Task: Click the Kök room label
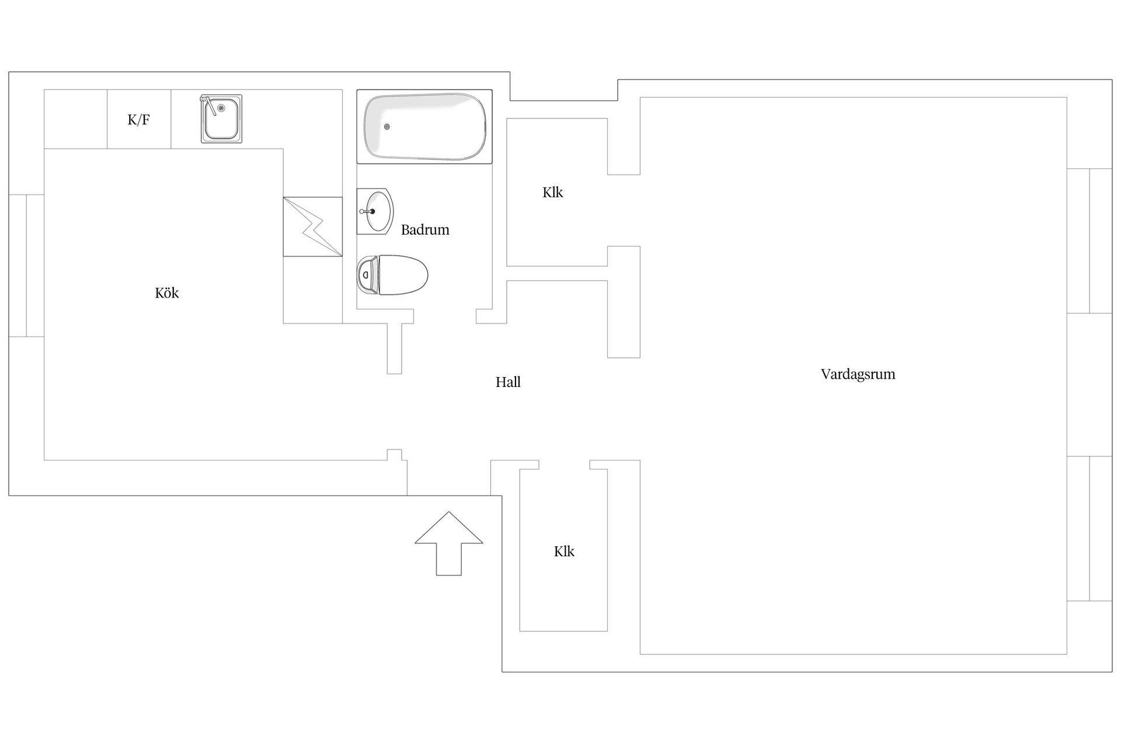coord(167,293)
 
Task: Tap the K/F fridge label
coord(139,120)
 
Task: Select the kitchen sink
coord(221,118)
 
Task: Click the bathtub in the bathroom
coord(424,126)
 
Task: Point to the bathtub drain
coord(387,127)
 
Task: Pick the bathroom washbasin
coord(375,211)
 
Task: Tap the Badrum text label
coord(425,230)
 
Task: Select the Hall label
coord(508,382)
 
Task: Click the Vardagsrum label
coord(858,374)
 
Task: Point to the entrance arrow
coord(449,543)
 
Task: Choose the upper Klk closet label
coord(552,193)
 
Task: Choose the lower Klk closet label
coord(564,551)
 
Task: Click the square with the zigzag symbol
coord(312,226)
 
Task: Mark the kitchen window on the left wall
coord(26,266)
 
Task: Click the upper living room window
coord(1089,241)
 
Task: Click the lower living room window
coord(1089,529)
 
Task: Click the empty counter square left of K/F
coord(76,119)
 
